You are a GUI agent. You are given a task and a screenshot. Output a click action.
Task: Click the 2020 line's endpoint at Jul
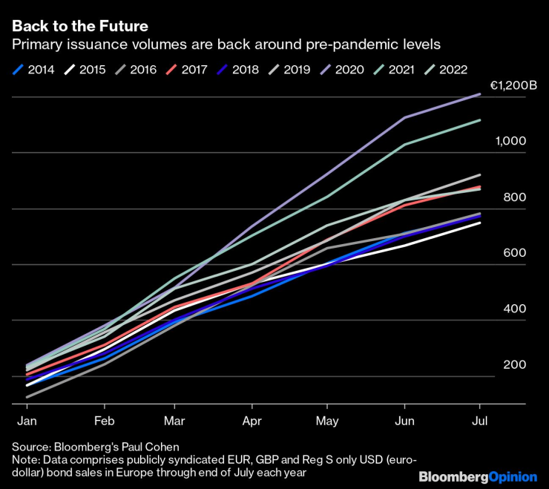(x=480, y=94)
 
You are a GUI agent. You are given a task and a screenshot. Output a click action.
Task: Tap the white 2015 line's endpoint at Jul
(x=480, y=223)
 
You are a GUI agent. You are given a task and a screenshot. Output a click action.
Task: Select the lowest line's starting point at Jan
(x=27, y=397)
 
